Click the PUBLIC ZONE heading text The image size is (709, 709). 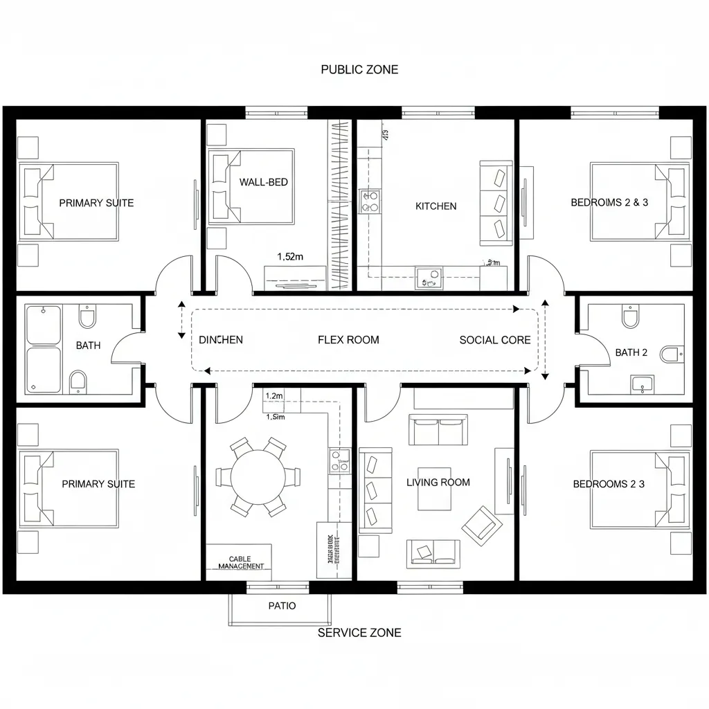[359, 70]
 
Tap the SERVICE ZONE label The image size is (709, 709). [359, 632]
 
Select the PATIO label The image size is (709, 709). [282, 606]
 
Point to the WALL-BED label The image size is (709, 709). [263, 182]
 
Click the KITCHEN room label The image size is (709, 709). [436, 206]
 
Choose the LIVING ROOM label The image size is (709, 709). [438, 483]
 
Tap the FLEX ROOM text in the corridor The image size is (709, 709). [348, 340]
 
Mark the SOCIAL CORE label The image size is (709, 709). [495, 340]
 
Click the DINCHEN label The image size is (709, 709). [221, 340]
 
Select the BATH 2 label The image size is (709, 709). [631, 352]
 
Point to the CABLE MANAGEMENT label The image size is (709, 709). [241, 562]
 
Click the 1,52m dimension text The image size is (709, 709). [290, 256]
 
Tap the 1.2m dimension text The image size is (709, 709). [274, 395]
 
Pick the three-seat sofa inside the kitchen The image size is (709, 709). [496, 203]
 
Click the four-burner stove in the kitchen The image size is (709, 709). [370, 201]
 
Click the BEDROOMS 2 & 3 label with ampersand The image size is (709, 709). [609, 203]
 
